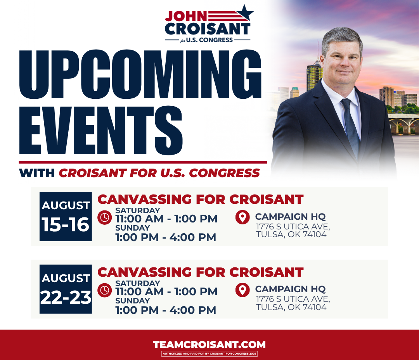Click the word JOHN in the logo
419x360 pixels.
pyautogui.click(x=186, y=16)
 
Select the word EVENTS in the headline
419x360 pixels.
pyautogui.click(x=101, y=130)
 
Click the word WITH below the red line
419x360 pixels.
pyautogui.click(x=37, y=173)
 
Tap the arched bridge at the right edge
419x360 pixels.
pyautogui.click(x=403, y=124)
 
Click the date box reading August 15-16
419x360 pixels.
pyautogui.click(x=66, y=217)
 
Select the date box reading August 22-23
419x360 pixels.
pyautogui.click(x=66, y=289)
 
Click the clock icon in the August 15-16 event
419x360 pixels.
pyautogui.click(x=104, y=217)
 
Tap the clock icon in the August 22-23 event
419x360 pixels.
pyautogui.click(x=104, y=290)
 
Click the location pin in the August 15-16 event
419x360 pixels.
pyautogui.click(x=242, y=217)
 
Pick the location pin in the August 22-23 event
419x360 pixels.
pyautogui.click(x=242, y=290)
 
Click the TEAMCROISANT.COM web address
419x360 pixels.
pyautogui.click(x=209, y=344)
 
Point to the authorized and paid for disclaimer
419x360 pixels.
pyautogui.click(x=209, y=353)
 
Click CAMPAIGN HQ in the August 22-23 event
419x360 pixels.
pyautogui.click(x=291, y=289)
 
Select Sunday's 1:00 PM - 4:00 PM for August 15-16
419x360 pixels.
pyautogui.click(x=166, y=237)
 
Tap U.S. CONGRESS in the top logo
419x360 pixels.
pyautogui.click(x=209, y=40)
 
